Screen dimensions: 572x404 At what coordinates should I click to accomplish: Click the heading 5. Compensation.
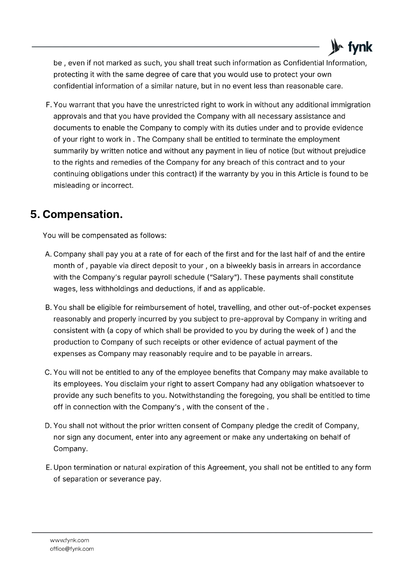(76, 214)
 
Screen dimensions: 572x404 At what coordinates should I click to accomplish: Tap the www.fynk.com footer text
(69, 540)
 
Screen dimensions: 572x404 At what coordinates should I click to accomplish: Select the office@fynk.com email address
(72, 549)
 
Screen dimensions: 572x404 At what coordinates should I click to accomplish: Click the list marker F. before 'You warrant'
(49, 105)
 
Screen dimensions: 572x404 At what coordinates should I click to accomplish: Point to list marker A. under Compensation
(49, 254)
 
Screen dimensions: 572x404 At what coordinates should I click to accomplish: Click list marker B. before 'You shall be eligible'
(49, 307)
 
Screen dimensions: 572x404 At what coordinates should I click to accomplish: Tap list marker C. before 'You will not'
(49, 373)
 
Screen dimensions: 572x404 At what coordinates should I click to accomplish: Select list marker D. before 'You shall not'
(49, 426)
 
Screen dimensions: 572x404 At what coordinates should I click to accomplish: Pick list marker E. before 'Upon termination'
(49, 468)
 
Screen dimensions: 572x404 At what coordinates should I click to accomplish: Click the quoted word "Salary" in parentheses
(224, 277)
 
